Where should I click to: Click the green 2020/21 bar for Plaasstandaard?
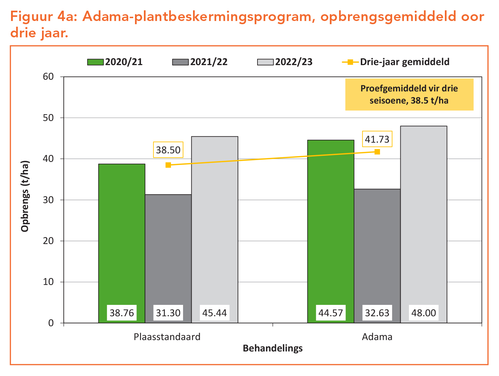pyautogui.click(x=121, y=235)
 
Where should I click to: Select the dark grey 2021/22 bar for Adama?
pyautogui.click(x=377, y=249)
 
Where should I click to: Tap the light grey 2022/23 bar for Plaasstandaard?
pyautogui.click(x=214, y=221)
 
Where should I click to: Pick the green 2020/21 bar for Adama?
pyautogui.click(x=331, y=221)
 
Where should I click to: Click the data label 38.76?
pyautogui.click(x=122, y=313)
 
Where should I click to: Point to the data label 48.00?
pyautogui.click(x=423, y=313)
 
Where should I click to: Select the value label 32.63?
pyautogui.click(x=377, y=313)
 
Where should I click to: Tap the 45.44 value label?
pyautogui.click(x=214, y=313)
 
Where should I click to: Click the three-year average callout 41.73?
pyautogui.click(x=377, y=139)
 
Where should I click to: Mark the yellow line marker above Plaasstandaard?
pyautogui.click(x=168, y=165)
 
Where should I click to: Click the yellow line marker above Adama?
pyautogui.click(x=377, y=152)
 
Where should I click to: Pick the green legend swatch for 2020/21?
pyautogui.click(x=95, y=62)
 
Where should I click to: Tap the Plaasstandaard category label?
pyautogui.click(x=167, y=337)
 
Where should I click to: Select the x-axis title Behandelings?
pyautogui.click(x=272, y=348)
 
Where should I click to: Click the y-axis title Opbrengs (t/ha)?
pyautogui.click(x=25, y=196)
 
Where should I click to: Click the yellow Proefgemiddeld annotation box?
pyautogui.click(x=409, y=94)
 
